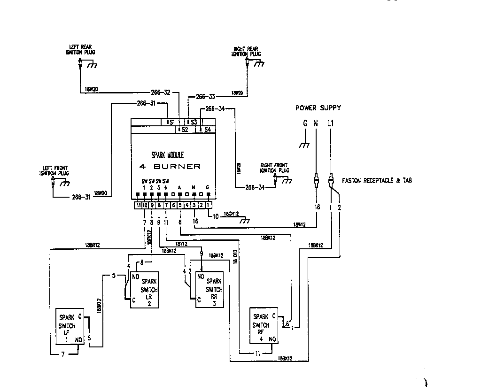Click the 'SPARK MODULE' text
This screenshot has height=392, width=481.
coord(167,154)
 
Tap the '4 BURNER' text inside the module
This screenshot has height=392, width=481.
coord(170,166)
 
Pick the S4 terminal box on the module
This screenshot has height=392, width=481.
coord(206,129)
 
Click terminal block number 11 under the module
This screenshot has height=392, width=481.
coord(139,205)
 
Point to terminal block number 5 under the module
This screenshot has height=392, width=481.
coord(180,205)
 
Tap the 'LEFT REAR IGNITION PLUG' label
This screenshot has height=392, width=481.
coord(80,49)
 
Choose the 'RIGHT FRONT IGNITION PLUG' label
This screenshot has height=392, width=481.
coord(275,168)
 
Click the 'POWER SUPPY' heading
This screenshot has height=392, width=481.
coord(318,108)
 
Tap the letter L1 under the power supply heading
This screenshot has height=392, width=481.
coord(331,123)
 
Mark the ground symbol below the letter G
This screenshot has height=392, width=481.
coord(304,145)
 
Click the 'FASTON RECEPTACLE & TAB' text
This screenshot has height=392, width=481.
coord(377,180)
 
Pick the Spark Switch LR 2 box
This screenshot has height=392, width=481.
coord(145,290)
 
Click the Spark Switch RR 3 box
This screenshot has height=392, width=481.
coord(209,290)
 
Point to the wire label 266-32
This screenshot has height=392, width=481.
coord(161,92)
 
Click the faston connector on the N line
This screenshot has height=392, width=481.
coord(317,180)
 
